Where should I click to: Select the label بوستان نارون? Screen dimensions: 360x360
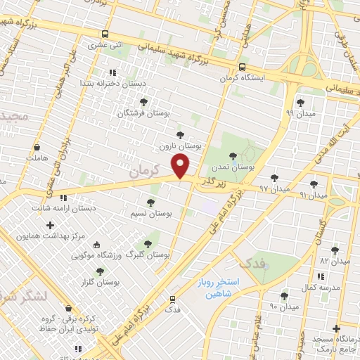[180, 146]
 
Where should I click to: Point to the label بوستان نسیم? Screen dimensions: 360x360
[151, 212]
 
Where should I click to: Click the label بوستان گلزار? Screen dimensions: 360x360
[99, 281]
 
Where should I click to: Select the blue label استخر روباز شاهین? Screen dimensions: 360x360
[217, 289]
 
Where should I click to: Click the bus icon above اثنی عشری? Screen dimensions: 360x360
[105, 34]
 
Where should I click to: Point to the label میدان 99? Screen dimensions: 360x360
[300, 112]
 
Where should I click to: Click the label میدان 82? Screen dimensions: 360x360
[334, 261]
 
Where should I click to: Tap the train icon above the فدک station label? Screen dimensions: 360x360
[172, 299]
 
